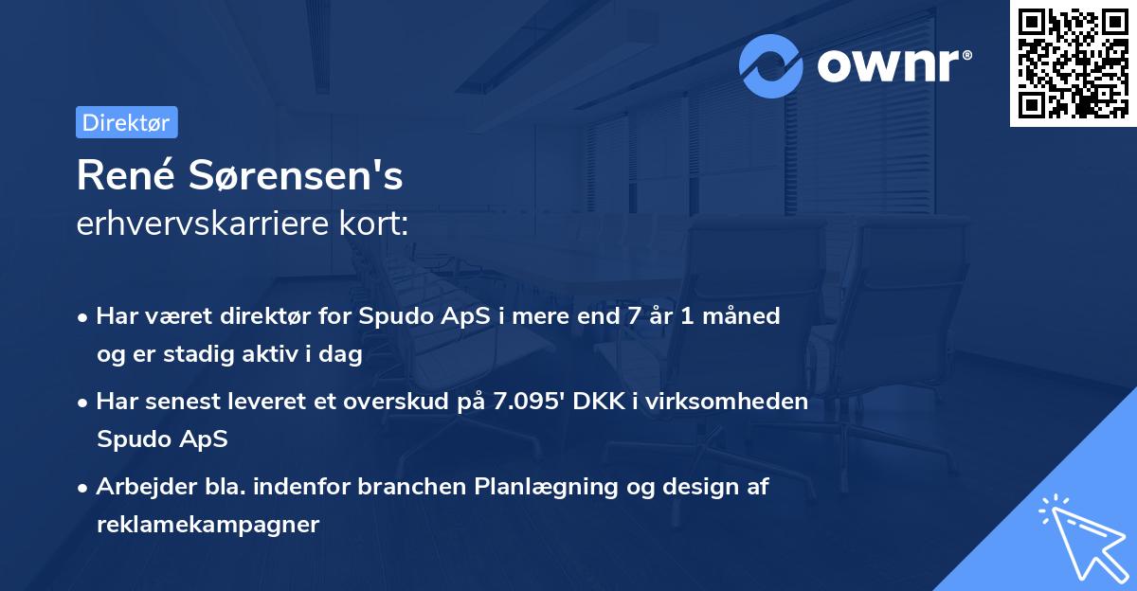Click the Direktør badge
(126, 123)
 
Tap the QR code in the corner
(1073, 63)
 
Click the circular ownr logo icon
(771, 65)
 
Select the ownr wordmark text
(893, 65)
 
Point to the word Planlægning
(541, 487)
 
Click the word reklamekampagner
(208, 524)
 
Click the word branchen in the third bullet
(412, 487)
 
